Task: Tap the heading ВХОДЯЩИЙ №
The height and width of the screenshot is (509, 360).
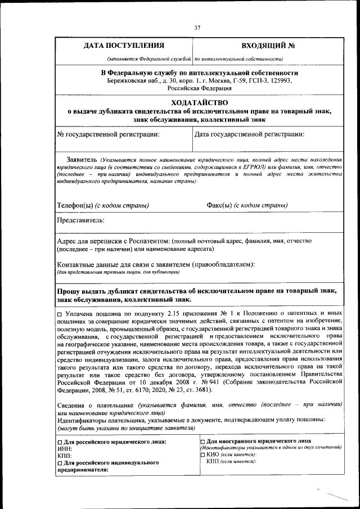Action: coord(268,46)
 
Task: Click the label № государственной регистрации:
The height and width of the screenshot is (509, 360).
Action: coord(108,134)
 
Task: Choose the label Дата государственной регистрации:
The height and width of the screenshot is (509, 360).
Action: coord(250,134)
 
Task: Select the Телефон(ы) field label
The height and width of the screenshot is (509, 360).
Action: coord(75,205)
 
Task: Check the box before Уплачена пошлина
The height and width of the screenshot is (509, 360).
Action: coord(60,312)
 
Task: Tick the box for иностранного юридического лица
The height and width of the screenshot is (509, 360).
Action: coord(202,441)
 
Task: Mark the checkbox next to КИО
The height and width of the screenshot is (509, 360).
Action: coord(202,454)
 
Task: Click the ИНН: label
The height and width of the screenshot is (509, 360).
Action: coord(65,449)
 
